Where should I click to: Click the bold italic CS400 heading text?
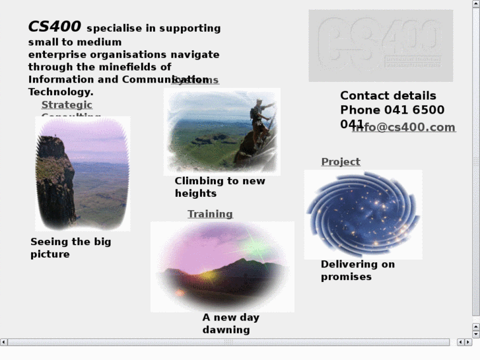click(x=54, y=26)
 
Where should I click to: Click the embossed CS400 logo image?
click(x=380, y=45)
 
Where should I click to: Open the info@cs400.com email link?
click(x=403, y=127)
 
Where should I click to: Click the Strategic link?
click(x=67, y=104)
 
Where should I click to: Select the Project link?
click(x=341, y=162)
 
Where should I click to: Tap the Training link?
click(x=210, y=214)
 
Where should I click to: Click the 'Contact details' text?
click(x=388, y=96)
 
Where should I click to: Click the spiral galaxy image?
click(x=362, y=214)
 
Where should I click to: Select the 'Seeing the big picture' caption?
click(x=71, y=248)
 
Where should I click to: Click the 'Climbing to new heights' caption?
click(x=219, y=187)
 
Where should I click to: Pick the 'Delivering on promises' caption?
click(x=357, y=270)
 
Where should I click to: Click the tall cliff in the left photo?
click(x=53, y=178)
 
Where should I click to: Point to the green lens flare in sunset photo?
click(x=255, y=249)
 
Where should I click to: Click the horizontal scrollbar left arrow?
click(x=4, y=342)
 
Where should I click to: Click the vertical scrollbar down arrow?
click(x=476, y=334)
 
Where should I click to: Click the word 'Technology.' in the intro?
click(x=61, y=92)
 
